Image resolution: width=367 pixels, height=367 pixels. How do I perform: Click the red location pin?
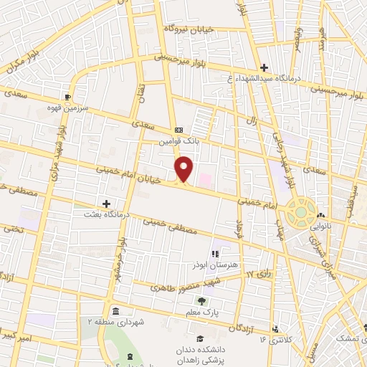[x=184, y=168]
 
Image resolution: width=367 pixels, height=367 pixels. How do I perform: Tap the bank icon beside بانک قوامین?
[x=178, y=130]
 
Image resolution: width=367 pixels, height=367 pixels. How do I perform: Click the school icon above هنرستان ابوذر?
[x=215, y=252]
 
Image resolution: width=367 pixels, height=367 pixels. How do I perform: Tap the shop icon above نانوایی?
[x=322, y=215]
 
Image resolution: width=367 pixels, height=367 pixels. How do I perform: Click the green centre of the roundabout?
[x=297, y=212]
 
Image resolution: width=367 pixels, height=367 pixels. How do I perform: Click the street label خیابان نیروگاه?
[x=190, y=29]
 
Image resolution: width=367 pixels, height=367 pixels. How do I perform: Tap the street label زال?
[x=252, y=120]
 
